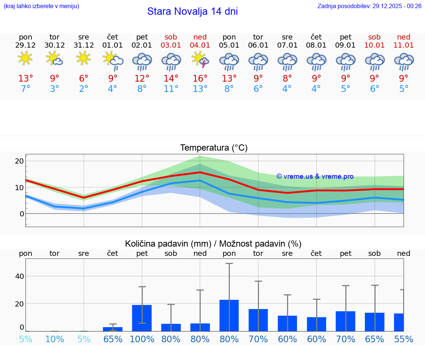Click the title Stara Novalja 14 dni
(192, 11)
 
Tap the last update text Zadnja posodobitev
(369, 6)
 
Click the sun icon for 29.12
(25, 58)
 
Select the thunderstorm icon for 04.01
(200, 59)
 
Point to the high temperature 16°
(200, 78)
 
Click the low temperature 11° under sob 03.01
(171, 89)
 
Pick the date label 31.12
(84, 45)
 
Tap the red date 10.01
(374, 45)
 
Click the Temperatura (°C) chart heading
(214, 148)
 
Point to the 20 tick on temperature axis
(20, 161)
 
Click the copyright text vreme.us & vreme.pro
(315, 176)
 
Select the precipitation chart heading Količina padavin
(213, 244)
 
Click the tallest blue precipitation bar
(229, 315)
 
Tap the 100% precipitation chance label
(142, 339)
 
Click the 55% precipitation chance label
(404, 339)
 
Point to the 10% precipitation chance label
(55, 339)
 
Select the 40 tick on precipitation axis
(20, 276)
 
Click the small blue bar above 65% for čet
(113, 329)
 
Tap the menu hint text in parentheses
(41, 6)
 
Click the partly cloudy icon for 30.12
(54, 58)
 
